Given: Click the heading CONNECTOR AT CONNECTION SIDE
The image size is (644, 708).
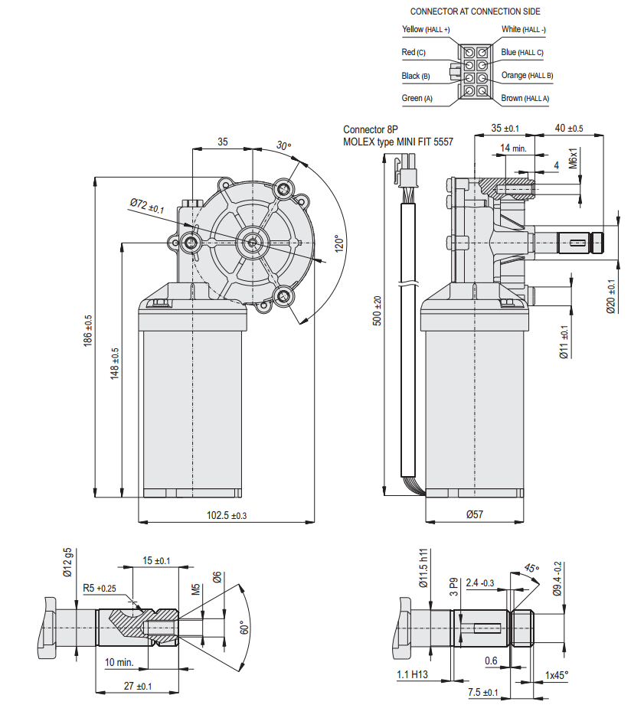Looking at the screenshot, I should point(475,11).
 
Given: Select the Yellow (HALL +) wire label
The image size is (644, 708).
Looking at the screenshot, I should point(426,30).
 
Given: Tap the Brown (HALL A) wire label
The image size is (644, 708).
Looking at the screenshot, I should point(525,99).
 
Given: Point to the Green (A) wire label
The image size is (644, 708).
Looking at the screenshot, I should point(417,99).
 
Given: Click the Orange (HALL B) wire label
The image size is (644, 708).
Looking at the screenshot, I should point(527,76).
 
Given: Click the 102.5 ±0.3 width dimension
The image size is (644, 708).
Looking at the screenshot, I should point(227,516).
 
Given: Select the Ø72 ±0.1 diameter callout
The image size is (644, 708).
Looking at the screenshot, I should point(147,205).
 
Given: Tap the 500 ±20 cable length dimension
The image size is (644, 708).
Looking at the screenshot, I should point(377,311).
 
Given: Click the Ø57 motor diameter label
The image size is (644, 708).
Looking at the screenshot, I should point(475,515).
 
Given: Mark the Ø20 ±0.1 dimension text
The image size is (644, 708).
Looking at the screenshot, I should point(610,295).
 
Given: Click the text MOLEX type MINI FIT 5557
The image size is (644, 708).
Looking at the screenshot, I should point(398,142).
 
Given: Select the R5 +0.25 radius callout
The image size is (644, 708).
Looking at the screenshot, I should point(100,589).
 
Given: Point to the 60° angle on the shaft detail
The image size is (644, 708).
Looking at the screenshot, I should point(245,628).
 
